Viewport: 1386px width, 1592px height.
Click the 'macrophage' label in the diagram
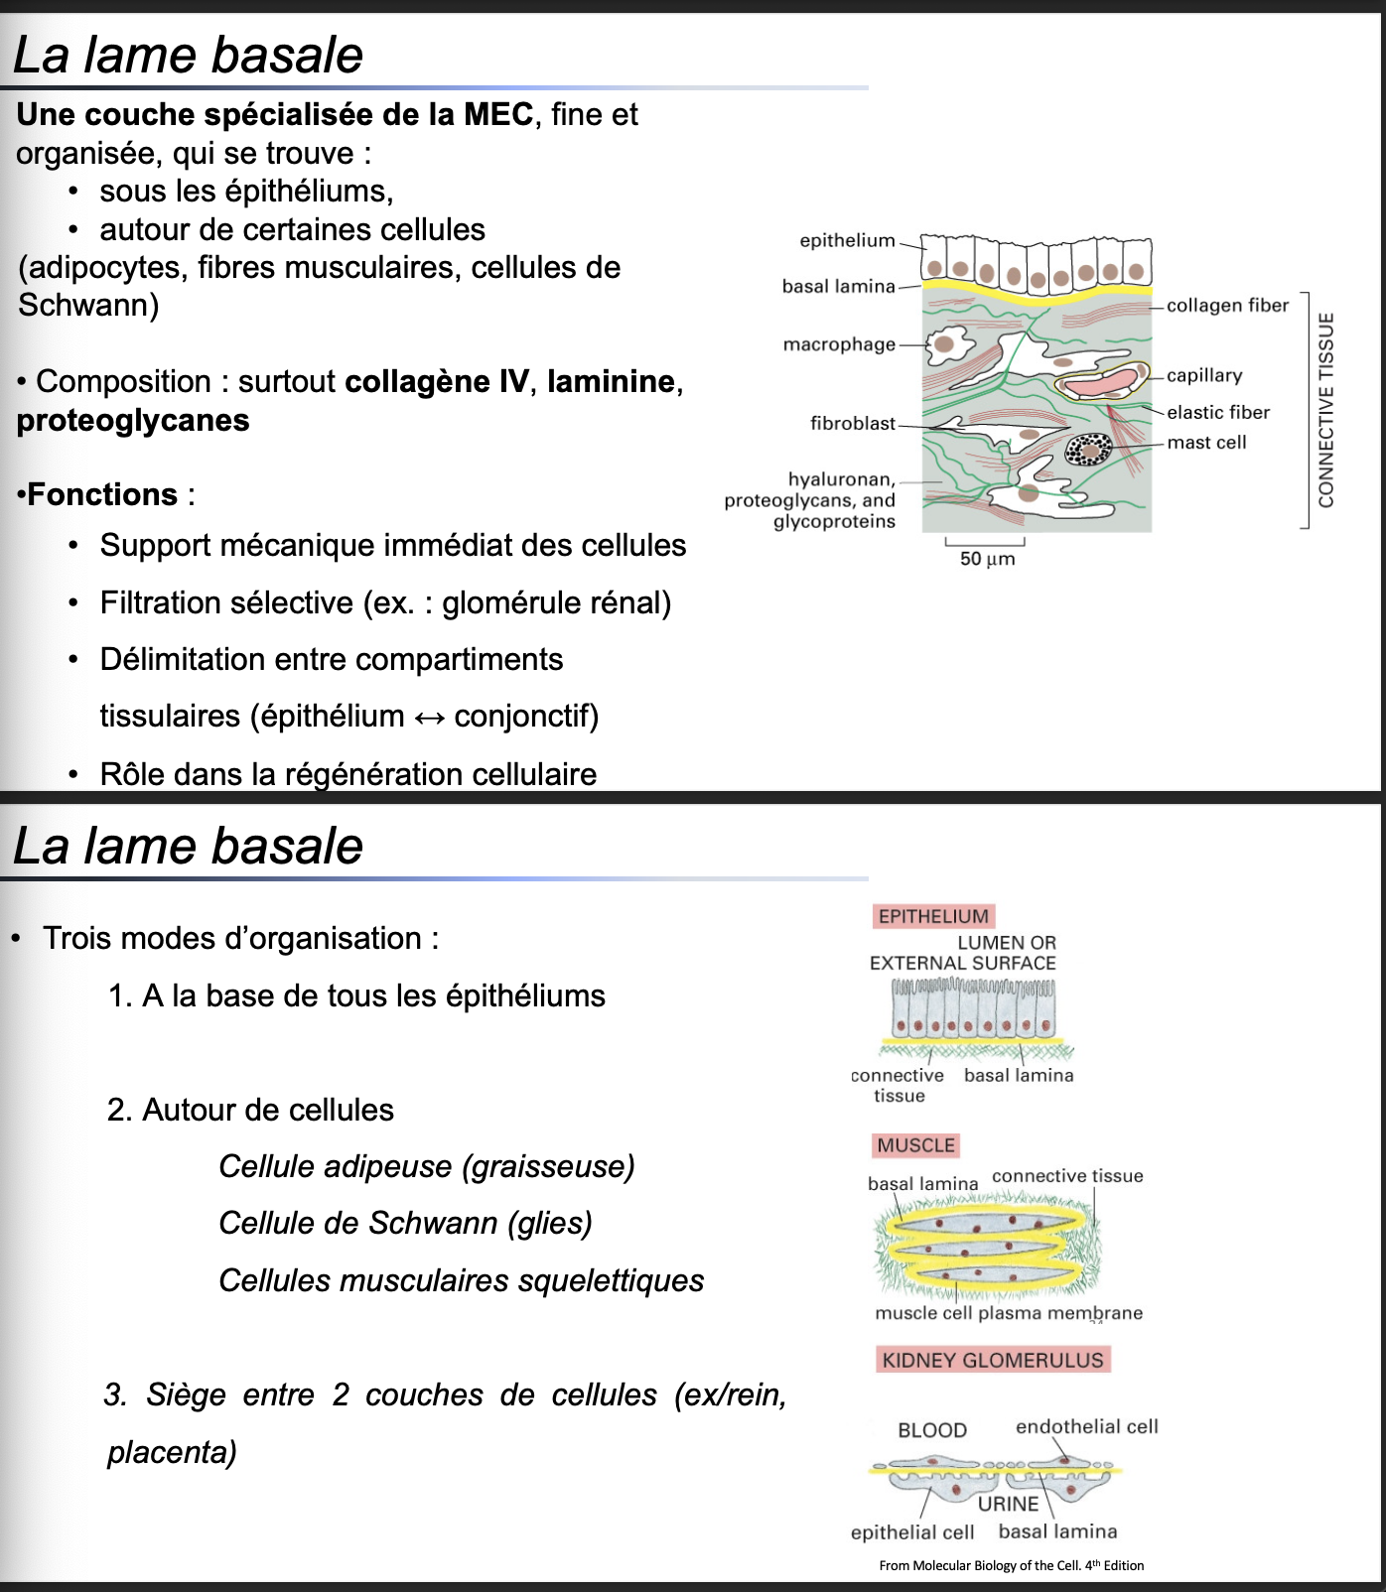[839, 344]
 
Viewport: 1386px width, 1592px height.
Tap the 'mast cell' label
[1206, 443]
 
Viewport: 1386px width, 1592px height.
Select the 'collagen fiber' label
[1227, 306]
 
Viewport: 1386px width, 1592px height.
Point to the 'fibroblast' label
[852, 424]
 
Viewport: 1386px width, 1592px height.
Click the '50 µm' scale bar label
[987, 559]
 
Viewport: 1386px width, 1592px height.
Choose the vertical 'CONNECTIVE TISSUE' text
[1326, 410]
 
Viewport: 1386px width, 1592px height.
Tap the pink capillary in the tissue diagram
[1099, 382]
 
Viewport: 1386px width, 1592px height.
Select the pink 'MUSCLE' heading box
[915, 1145]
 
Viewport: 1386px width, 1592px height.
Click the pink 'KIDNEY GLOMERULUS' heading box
[993, 1360]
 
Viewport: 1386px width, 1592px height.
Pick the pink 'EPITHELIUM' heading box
[933, 916]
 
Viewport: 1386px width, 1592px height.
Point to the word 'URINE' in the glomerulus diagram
[1008, 1504]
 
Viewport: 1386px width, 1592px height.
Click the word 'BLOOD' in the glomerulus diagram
[932, 1430]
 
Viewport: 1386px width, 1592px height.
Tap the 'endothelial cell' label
[1086, 1426]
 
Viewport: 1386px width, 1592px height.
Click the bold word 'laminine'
[611, 382]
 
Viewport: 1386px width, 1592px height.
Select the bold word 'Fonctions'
[102, 494]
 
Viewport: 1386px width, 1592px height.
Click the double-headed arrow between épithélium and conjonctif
[429, 717]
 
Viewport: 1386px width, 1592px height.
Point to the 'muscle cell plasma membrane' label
[1009, 1313]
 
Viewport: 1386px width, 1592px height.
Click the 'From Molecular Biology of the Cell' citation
[1011, 1565]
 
